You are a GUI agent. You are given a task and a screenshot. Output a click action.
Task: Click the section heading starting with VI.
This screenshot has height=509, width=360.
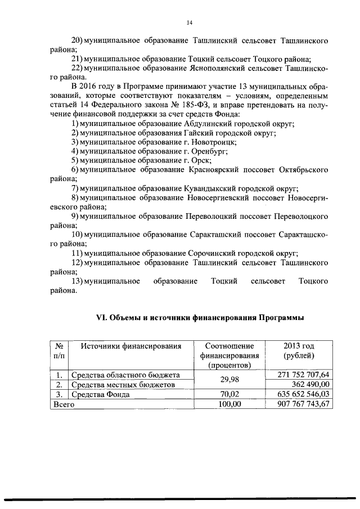[x=201, y=318]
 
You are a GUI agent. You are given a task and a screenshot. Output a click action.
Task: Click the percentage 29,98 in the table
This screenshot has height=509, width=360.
[x=230, y=380]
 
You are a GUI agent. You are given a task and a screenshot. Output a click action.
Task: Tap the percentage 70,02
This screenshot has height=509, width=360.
[x=230, y=394]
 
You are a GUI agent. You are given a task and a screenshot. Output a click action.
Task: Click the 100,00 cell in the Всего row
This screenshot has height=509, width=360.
[x=229, y=404]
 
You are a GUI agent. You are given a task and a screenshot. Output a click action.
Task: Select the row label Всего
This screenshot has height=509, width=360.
[x=64, y=404]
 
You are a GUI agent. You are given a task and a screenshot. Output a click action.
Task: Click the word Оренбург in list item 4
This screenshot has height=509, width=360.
[x=210, y=151]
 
